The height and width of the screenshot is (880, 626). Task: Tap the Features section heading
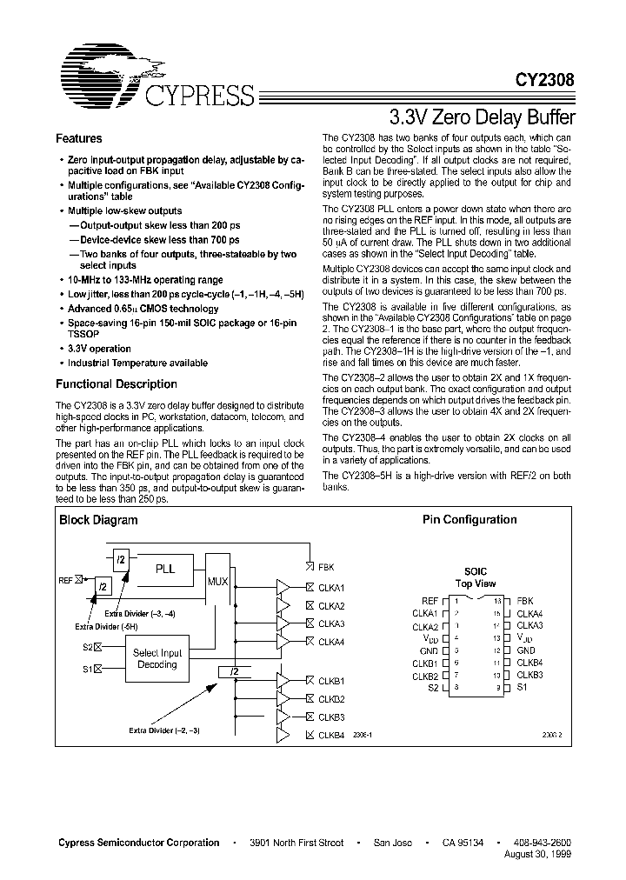click(79, 139)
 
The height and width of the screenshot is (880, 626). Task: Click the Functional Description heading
click(117, 383)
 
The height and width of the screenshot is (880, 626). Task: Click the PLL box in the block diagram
click(165, 569)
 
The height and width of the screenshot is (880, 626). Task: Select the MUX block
click(218, 580)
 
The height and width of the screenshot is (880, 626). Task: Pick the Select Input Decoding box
click(157, 658)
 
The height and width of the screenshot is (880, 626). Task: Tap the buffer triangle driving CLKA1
click(283, 588)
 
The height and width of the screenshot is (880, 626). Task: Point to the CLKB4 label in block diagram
click(330, 735)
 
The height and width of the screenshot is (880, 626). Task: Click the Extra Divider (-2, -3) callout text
click(166, 730)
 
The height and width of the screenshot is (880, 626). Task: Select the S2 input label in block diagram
click(88, 646)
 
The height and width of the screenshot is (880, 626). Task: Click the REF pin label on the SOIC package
click(430, 601)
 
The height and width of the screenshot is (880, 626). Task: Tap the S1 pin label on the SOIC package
click(523, 688)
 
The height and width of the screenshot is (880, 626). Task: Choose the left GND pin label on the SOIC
click(429, 650)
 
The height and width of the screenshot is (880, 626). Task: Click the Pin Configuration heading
click(469, 520)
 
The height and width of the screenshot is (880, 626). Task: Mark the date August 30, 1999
click(538, 855)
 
